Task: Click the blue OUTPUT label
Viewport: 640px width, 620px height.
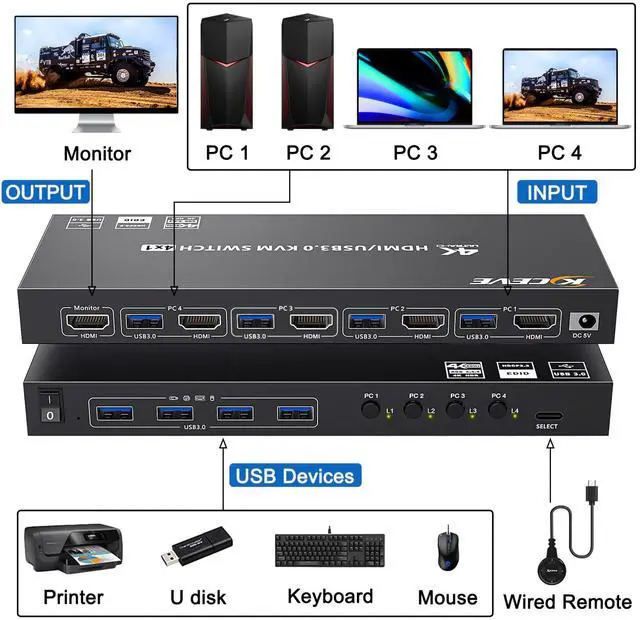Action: (x=46, y=191)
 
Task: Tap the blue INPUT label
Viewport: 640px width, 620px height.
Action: (x=556, y=192)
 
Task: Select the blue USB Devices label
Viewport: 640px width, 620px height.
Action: (x=295, y=476)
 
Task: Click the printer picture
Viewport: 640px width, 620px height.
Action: (x=73, y=549)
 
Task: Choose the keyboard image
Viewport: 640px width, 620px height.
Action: (x=329, y=551)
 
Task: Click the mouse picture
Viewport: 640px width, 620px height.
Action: (x=446, y=551)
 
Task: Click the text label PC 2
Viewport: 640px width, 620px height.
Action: (x=308, y=153)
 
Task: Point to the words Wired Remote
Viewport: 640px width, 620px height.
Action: (x=567, y=601)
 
